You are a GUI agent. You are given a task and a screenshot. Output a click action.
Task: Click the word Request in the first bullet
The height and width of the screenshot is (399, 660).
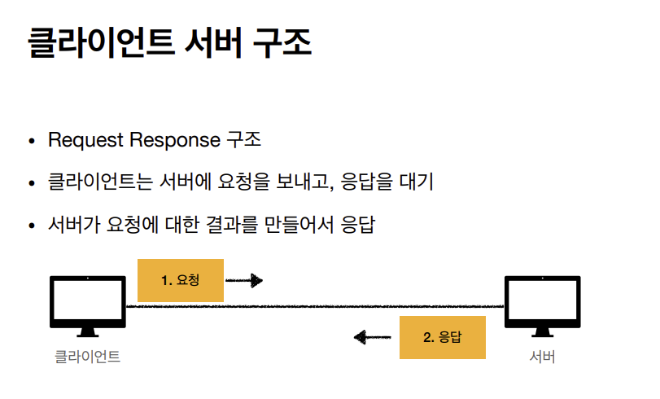point(83,140)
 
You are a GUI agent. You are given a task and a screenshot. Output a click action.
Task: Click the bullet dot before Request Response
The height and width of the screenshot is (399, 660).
point(32,142)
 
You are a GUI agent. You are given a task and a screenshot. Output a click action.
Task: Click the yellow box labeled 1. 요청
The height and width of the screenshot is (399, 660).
point(181,280)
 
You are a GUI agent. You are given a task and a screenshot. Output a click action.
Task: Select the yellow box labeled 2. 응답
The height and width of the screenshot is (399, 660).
point(443,337)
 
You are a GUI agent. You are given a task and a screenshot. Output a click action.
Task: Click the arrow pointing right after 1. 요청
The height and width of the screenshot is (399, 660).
point(244,281)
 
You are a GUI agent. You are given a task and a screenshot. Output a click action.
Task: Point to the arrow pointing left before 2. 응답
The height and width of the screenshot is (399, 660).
point(373,337)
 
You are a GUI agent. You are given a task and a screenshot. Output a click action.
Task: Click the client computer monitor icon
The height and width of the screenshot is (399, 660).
point(88,304)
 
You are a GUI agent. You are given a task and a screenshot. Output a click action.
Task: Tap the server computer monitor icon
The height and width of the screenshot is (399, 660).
point(542,304)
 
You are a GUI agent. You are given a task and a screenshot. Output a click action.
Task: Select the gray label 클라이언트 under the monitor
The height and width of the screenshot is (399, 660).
point(87,357)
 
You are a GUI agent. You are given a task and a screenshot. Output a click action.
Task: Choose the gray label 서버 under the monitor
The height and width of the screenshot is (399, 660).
point(542,357)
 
